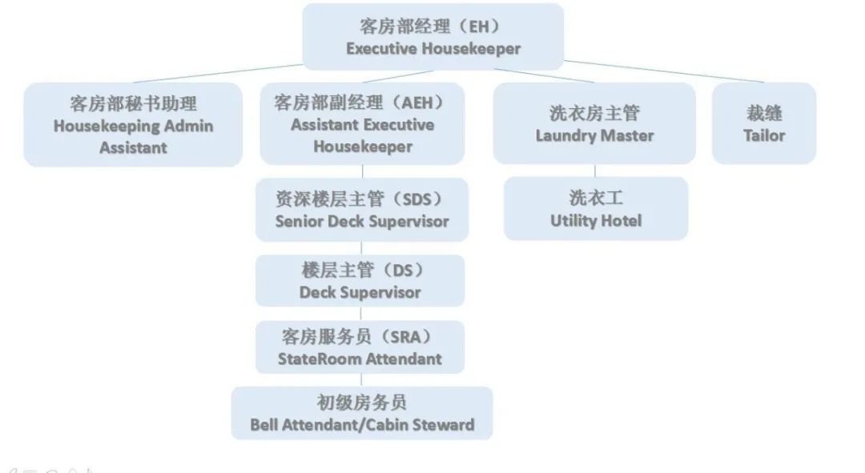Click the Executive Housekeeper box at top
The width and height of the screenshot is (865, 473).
coord(432,37)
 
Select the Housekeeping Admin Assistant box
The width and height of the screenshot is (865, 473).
coord(133,125)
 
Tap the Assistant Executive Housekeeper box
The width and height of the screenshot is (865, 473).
coord(362,124)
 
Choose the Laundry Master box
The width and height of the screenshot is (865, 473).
coord(594,123)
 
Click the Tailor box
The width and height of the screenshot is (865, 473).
coord(763,123)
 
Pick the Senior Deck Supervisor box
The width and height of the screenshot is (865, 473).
coord(361,210)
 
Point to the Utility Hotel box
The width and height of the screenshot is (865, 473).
coord(595,208)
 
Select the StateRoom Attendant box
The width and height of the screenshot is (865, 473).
coord(360,347)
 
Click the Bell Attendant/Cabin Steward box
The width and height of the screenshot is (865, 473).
coord(361,413)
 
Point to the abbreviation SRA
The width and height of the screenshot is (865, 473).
coord(411,336)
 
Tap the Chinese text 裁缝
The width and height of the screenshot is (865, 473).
coord(763,113)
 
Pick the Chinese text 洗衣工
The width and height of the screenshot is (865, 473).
coord(595,198)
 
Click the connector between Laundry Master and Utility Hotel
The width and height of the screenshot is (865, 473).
coord(594,170)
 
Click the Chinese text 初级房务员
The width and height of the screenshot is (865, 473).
coord(361,403)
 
